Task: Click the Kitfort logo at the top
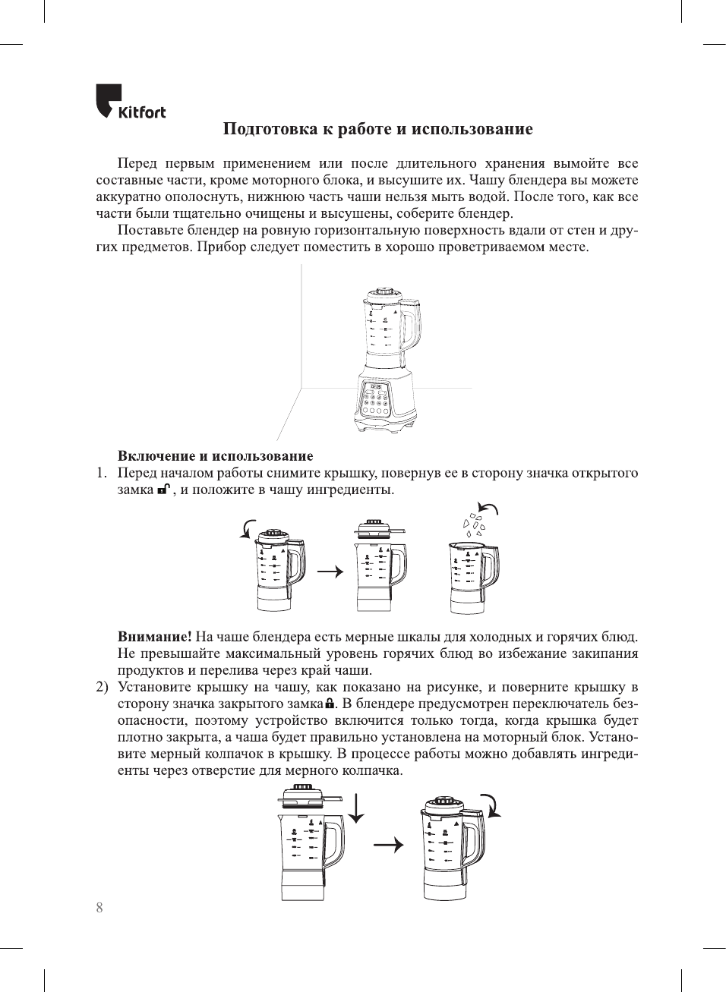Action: [130, 102]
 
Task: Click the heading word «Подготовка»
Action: [270, 129]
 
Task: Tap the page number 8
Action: [99, 908]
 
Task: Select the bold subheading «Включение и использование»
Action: [215, 456]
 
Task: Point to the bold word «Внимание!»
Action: [154, 637]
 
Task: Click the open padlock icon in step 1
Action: [163, 490]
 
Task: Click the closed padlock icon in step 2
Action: [330, 704]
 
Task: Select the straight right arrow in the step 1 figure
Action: [330, 572]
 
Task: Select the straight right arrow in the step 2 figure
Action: [388, 845]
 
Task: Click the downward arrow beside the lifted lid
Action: [355, 809]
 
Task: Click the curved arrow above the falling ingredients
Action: [488, 509]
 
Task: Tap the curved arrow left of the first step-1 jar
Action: [246, 529]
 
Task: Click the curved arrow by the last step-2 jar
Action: [492, 805]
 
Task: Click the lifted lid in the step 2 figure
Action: [311, 796]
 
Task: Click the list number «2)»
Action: [102, 688]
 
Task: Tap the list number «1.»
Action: [101, 474]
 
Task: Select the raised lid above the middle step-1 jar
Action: [377, 528]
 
